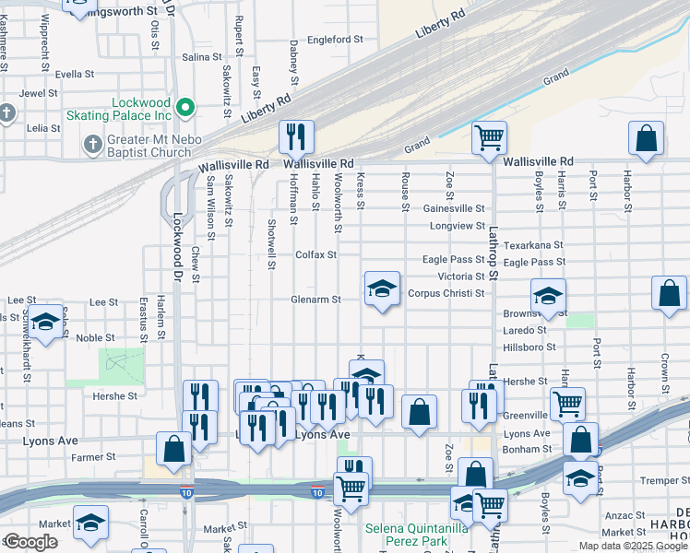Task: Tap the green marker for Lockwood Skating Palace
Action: pyautogui.click(x=185, y=109)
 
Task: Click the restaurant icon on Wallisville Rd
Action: pyautogui.click(x=296, y=137)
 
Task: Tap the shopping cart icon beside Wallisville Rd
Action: pyautogui.click(x=488, y=137)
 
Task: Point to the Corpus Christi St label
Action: pyautogui.click(x=446, y=293)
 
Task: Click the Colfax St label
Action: pyautogui.click(x=315, y=254)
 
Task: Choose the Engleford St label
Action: pyautogui.click(x=336, y=40)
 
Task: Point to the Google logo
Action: pyautogui.click(x=30, y=542)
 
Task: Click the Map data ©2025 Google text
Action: pyautogui.click(x=634, y=546)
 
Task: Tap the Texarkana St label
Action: pyautogui.click(x=534, y=246)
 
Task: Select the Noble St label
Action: pyautogui.click(x=95, y=338)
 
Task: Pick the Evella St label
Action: pyautogui.click(x=75, y=74)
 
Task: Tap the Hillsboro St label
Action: pyautogui.click(x=529, y=347)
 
